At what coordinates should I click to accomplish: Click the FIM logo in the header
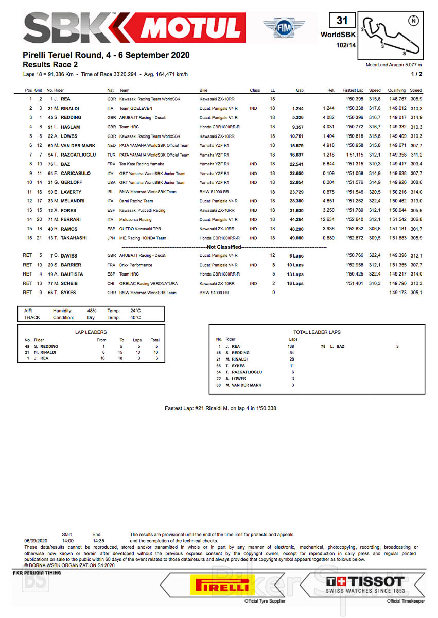click(284, 28)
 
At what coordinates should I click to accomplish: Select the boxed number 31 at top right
click(342, 21)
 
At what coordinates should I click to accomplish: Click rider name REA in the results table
click(65, 99)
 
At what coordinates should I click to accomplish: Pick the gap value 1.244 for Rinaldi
click(299, 108)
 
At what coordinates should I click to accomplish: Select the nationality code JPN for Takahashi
click(111, 238)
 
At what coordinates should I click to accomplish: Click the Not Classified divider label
click(224, 247)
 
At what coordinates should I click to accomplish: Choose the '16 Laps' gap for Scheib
click(295, 283)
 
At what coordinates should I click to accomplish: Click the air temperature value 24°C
click(135, 311)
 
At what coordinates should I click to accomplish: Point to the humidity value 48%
click(92, 311)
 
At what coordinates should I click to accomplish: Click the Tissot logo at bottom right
click(365, 585)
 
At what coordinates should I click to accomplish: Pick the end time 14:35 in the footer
click(96, 541)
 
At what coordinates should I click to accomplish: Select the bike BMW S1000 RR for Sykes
click(214, 293)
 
